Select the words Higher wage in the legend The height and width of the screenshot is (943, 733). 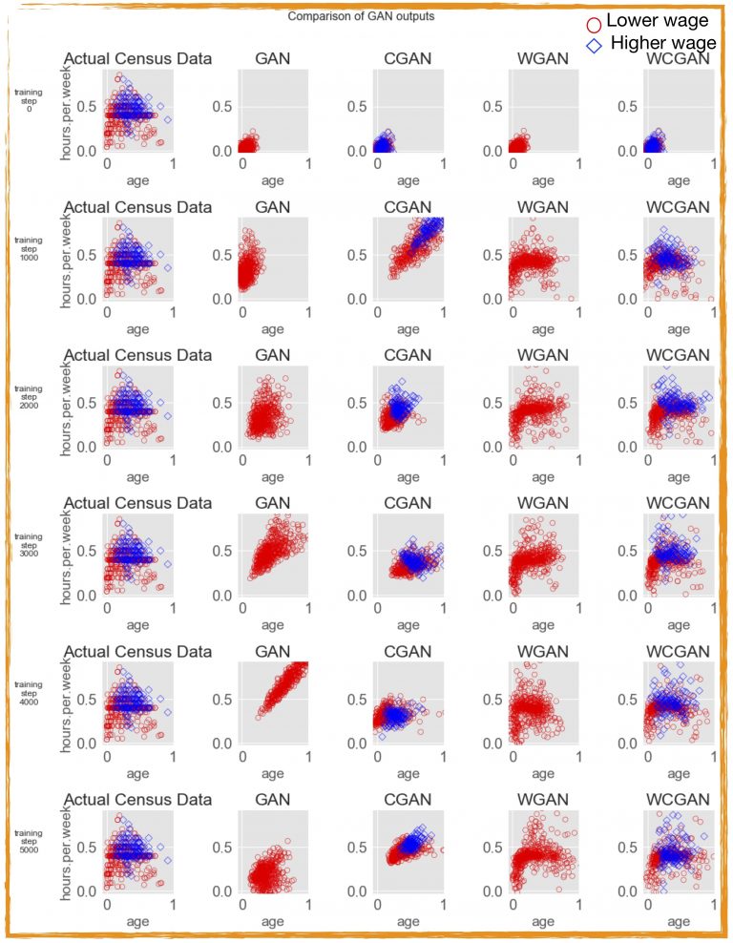(663, 43)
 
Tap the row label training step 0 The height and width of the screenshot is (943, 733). (28, 100)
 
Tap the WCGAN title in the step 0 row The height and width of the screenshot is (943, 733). (678, 59)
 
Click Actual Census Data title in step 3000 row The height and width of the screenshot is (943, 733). (137, 503)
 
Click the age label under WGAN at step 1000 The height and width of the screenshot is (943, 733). (543, 329)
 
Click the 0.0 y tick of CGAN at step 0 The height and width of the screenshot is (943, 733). (360, 151)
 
